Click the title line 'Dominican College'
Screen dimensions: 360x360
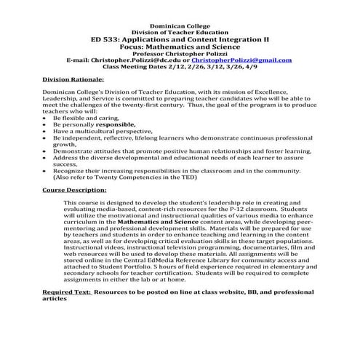(179, 25)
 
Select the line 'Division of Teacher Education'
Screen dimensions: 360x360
(179, 33)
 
